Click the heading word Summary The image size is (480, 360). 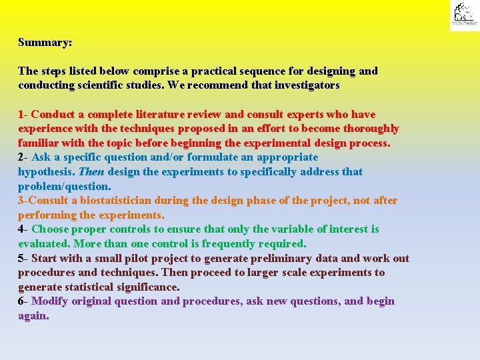(x=45, y=42)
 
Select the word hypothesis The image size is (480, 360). (x=46, y=172)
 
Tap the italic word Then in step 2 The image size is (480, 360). (x=91, y=172)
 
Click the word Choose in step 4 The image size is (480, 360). (x=49, y=229)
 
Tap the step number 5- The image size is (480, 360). (x=23, y=259)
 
